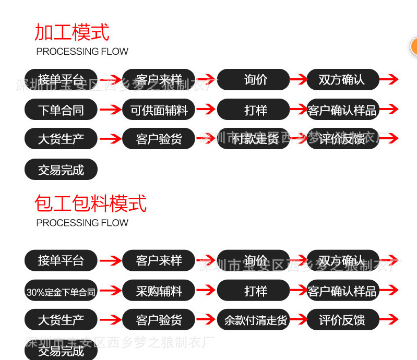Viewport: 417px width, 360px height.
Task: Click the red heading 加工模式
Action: (72, 32)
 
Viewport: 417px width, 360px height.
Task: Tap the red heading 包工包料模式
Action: (91, 203)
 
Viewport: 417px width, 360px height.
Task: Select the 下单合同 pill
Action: (61, 110)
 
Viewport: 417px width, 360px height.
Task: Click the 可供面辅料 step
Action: (159, 110)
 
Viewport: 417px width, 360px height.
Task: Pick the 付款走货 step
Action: (254, 139)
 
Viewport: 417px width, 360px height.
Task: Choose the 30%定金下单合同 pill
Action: (61, 291)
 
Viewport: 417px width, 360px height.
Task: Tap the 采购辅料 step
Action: (159, 291)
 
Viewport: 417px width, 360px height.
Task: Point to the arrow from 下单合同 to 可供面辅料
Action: (110, 110)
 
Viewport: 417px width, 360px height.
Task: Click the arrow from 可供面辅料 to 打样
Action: (206, 110)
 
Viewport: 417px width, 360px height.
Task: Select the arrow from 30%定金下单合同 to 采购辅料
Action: (110, 291)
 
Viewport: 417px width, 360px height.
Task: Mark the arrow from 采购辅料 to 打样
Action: (206, 291)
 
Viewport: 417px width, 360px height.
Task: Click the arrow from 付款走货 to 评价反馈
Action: (298, 139)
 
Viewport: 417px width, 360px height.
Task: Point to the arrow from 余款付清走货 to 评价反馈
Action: (298, 319)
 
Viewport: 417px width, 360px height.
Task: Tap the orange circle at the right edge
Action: (414, 47)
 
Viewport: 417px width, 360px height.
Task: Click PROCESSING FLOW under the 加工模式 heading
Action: (82, 52)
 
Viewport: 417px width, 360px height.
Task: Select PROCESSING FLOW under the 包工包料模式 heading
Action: (82, 223)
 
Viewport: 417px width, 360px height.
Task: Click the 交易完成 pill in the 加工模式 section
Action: (61, 170)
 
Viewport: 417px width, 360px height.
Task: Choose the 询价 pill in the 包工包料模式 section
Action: (254, 260)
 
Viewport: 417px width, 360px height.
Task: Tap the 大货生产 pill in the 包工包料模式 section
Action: (61, 319)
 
